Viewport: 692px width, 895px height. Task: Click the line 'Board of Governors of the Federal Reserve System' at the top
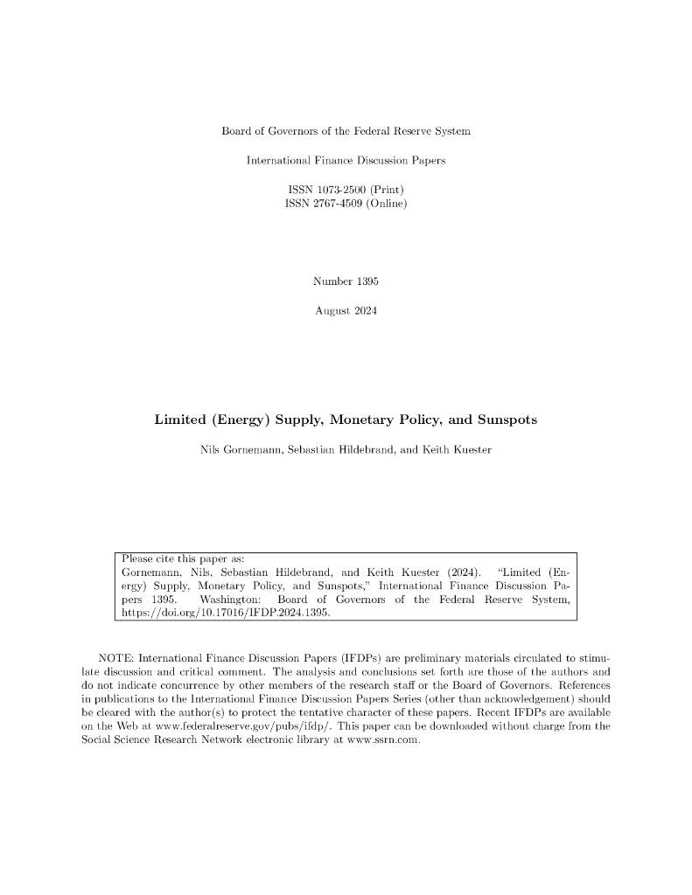point(346,131)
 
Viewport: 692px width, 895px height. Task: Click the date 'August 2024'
point(346,310)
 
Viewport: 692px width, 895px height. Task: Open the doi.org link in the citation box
point(225,614)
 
